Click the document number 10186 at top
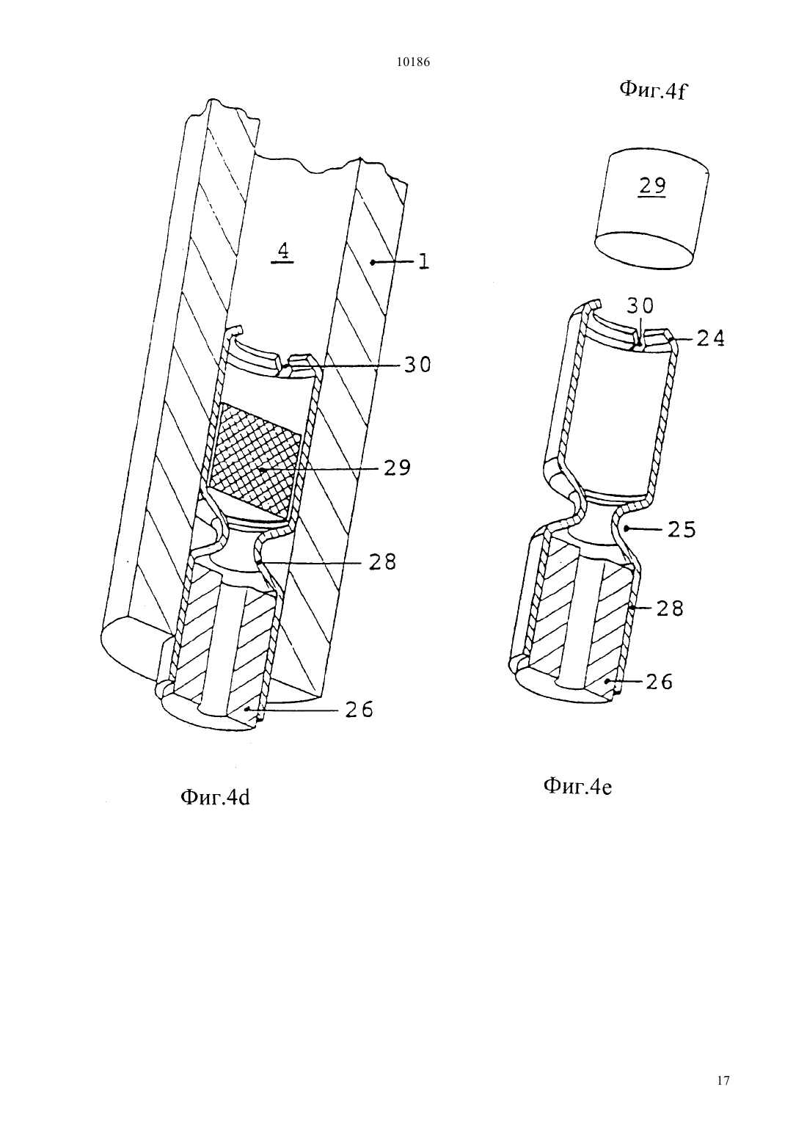coord(413,62)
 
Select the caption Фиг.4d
coord(215,797)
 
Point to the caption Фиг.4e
coord(578,786)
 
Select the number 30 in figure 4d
coord(417,365)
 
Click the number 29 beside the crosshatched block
coord(398,468)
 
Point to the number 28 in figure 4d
coord(383,561)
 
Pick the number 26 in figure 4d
coord(359,710)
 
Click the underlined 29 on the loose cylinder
coord(653,186)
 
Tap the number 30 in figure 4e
coord(640,306)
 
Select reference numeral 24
coord(711,338)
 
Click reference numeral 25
coord(682,530)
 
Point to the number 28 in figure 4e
coord(670,608)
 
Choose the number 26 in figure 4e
coord(660,682)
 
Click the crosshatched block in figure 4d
coord(255,458)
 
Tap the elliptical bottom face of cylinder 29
coord(644,250)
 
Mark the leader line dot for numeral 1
coord(373,262)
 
